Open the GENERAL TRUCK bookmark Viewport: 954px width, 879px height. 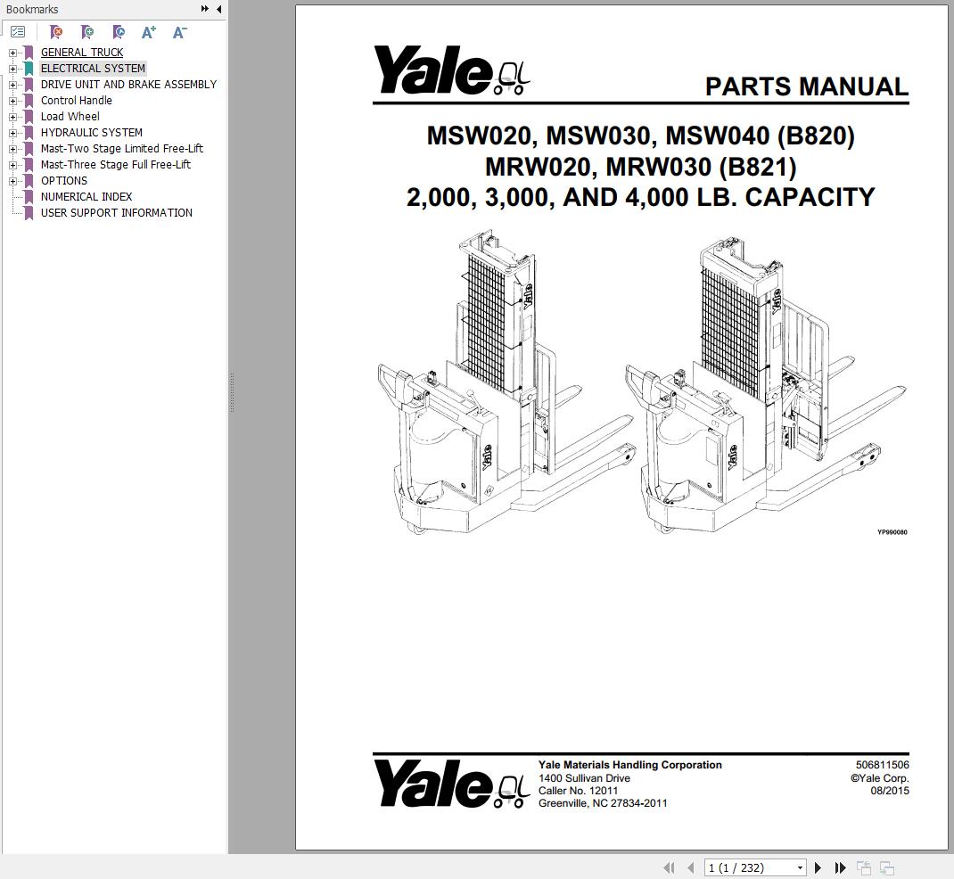click(x=82, y=53)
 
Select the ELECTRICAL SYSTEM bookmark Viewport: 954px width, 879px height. click(x=93, y=69)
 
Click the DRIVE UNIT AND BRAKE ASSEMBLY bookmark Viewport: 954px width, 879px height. click(x=128, y=85)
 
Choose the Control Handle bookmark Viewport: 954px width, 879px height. click(x=77, y=101)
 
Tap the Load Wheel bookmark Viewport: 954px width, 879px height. click(x=70, y=117)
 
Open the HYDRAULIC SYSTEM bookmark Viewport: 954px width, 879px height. click(x=92, y=133)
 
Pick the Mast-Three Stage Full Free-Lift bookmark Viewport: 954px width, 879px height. click(x=116, y=165)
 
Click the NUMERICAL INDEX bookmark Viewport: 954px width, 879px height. click(x=86, y=197)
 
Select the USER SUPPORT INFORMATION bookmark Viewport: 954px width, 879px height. click(x=117, y=213)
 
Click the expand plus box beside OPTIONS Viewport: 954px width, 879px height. click(x=13, y=181)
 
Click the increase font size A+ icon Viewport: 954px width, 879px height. click(x=149, y=32)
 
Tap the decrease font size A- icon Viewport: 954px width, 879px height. click(x=179, y=32)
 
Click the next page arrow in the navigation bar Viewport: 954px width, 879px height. click(x=818, y=867)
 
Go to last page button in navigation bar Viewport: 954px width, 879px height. click(x=840, y=867)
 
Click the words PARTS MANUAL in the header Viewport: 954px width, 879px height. click(x=806, y=86)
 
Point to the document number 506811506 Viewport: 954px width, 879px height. click(x=882, y=765)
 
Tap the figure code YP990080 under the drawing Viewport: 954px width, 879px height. click(x=892, y=532)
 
